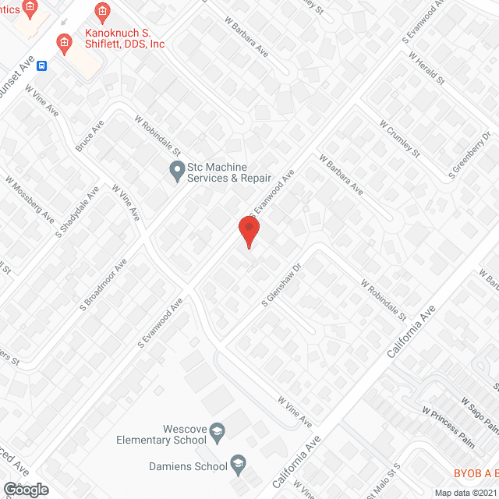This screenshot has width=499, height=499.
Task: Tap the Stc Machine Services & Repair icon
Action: [177, 168]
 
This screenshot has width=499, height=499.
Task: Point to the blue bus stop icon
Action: [42, 65]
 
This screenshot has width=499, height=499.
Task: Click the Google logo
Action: [25, 489]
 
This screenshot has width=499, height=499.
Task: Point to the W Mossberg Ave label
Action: [30, 197]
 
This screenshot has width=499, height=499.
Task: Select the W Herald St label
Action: [426, 69]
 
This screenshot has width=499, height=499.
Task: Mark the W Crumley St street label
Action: [399, 137]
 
